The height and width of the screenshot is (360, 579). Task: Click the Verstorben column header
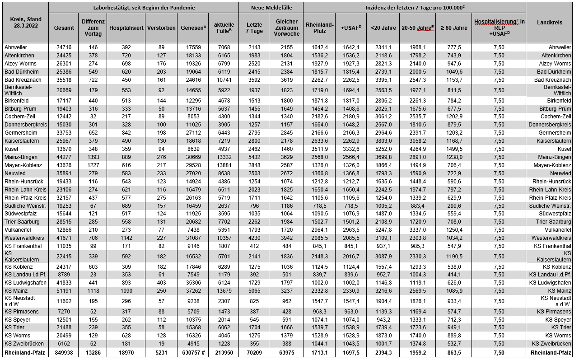(x=161, y=28)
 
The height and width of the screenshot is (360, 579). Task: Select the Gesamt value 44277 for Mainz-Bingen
(x=64, y=157)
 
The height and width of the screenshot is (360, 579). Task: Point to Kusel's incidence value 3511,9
(x=319, y=149)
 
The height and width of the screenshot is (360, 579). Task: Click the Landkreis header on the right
(x=549, y=22)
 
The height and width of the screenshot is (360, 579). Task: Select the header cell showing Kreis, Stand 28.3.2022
(x=25, y=22)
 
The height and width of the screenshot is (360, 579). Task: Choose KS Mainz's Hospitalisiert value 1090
(x=126, y=290)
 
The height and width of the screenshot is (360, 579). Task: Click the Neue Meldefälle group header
(x=271, y=8)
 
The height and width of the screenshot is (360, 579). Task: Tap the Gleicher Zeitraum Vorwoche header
(x=287, y=28)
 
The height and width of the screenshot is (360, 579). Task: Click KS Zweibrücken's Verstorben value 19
(x=161, y=343)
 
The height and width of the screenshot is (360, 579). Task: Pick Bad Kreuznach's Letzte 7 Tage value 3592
(x=254, y=79)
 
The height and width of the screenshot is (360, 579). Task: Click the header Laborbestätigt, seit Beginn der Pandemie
(x=143, y=8)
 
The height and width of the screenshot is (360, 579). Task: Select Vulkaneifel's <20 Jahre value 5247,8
(x=383, y=229)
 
